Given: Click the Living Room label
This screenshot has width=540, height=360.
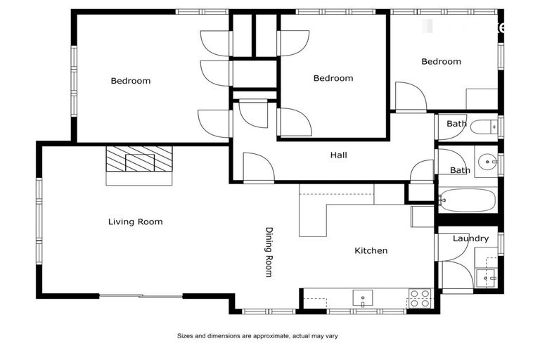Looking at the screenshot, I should click(135, 221).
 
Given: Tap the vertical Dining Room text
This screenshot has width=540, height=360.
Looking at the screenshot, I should click(269, 252).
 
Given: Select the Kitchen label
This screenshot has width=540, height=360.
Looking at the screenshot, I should click(371, 250).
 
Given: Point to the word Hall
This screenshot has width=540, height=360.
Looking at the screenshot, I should click(338, 155).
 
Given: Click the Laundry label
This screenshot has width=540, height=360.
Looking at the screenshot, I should click(470, 238).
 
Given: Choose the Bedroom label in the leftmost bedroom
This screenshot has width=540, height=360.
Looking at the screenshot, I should click(131, 81).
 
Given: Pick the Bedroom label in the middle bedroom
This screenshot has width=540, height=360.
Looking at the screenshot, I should click(333, 78).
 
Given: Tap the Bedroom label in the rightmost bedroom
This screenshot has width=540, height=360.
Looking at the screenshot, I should click(441, 61).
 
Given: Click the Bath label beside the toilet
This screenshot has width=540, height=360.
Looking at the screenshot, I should click(456, 124).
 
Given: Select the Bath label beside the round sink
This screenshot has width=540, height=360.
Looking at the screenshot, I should click(460, 170).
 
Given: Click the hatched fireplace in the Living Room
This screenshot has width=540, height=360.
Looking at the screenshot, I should click(139, 160).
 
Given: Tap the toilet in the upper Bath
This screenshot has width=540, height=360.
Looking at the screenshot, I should click(484, 127).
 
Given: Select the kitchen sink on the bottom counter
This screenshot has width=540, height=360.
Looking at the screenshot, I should click(363, 299).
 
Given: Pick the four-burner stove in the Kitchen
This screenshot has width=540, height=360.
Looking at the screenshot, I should click(420, 299).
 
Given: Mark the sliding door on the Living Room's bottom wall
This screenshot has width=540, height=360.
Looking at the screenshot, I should click(141, 295).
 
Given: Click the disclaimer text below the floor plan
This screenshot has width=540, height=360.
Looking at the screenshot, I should click(257, 336).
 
